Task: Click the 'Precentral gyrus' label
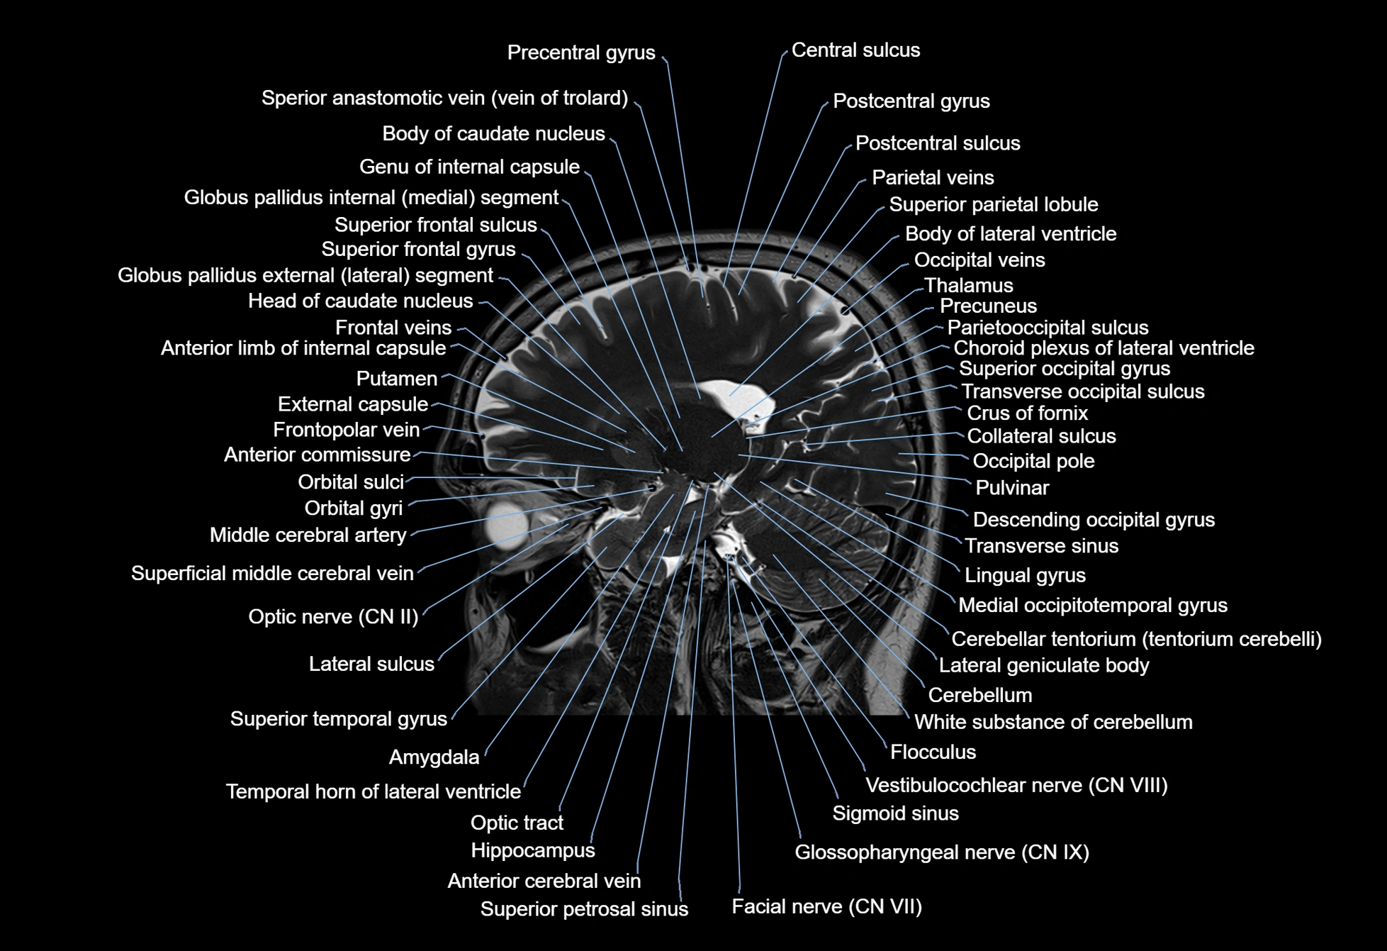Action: pos(581,52)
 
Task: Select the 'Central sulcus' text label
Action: pos(855,50)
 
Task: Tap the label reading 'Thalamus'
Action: pos(968,285)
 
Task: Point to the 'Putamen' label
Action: pos(396,379)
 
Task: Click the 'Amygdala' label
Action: pos(434,757)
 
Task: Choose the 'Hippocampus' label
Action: pos(532,850)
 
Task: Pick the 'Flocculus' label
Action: pos(933,752)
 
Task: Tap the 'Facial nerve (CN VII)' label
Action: pos(826,906)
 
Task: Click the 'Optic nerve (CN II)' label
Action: pos(333,617)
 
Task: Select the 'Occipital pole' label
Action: pos(1033,461)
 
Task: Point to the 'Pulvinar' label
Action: pos(1011,488)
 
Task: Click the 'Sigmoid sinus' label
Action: pos(895,813)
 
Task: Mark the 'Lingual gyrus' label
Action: pos(1025,575)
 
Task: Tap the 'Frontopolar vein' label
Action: pos(346,430)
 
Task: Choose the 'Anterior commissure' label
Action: pos(317,455)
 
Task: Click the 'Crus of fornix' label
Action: pos(1027,413)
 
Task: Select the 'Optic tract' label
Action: pos(517,823)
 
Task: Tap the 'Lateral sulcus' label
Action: pos(371,664)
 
